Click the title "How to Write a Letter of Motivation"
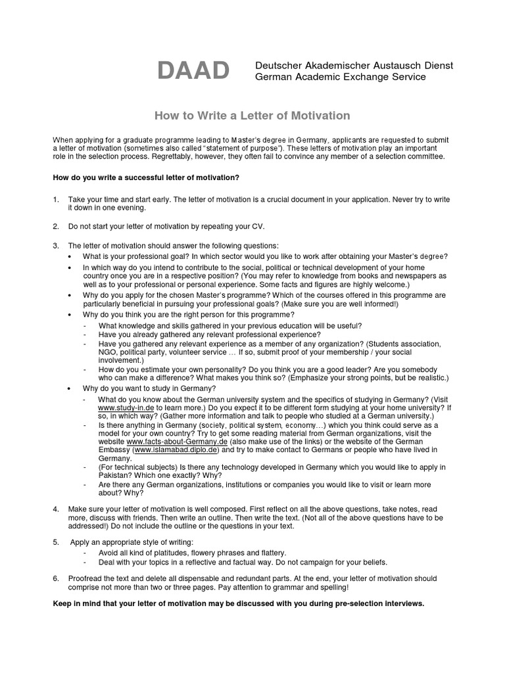coord(252,116)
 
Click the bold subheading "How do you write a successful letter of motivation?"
coord(146,177)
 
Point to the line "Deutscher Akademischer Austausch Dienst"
coord(354,66)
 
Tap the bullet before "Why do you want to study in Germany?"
coord(70,389)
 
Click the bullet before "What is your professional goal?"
coord(70,256)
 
